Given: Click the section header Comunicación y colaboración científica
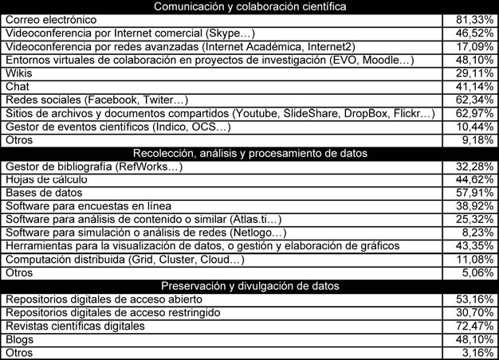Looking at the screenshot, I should tap(249, 6).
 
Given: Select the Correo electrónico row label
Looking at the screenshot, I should tap(51, 19).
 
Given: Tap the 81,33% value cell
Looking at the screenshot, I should tap(476, 19).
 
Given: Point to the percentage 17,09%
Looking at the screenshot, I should tap(476, 46).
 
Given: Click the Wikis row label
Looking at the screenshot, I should tap(18, 73).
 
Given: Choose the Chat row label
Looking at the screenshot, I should tap(17, 86).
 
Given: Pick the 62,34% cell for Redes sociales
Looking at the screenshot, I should tap(476, 100).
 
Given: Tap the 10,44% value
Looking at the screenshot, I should tap(476, 127).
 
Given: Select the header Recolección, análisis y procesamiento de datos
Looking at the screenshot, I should tap(249, 153).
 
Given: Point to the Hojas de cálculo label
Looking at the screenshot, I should tap(46, 179).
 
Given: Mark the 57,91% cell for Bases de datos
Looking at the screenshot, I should tap(476, 193).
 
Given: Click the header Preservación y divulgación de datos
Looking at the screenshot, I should tap(249, 286).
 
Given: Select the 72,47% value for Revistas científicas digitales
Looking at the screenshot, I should tap(476, 326).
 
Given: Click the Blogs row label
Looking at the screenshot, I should tap(19, 339).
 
